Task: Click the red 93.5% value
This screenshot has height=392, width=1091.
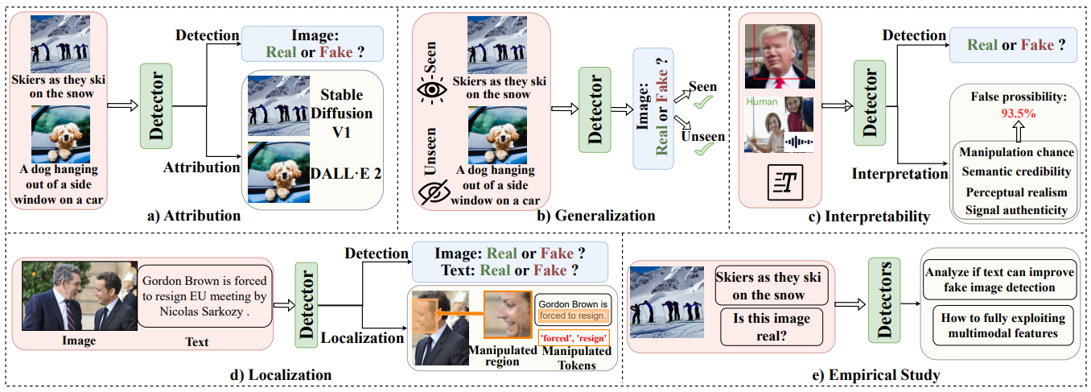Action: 1019,113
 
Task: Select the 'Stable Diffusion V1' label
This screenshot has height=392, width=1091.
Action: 341,113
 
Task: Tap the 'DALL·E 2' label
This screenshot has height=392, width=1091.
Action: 346,174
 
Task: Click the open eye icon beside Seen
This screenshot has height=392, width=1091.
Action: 431,90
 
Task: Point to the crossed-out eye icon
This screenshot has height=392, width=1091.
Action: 434,192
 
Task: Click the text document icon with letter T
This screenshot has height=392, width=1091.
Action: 785,183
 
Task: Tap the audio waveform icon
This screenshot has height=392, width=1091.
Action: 798,142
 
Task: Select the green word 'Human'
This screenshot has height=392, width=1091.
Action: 762,101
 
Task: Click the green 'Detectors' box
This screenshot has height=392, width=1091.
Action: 884,300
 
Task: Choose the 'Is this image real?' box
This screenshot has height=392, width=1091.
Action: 772,327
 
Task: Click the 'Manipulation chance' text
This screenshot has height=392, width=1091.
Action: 1016,152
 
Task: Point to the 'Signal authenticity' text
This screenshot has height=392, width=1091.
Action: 1016,210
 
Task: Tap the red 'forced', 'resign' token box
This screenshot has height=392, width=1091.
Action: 574,338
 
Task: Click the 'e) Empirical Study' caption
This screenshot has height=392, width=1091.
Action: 875,375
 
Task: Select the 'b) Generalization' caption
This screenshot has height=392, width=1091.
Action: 596,216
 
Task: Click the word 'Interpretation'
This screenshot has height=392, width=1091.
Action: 900,174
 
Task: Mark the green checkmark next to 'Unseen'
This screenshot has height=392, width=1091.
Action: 704,149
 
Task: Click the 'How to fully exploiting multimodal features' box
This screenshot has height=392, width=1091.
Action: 1002,325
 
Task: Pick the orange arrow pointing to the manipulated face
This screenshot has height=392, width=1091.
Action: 459,313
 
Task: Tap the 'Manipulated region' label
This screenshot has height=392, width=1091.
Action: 502,356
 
